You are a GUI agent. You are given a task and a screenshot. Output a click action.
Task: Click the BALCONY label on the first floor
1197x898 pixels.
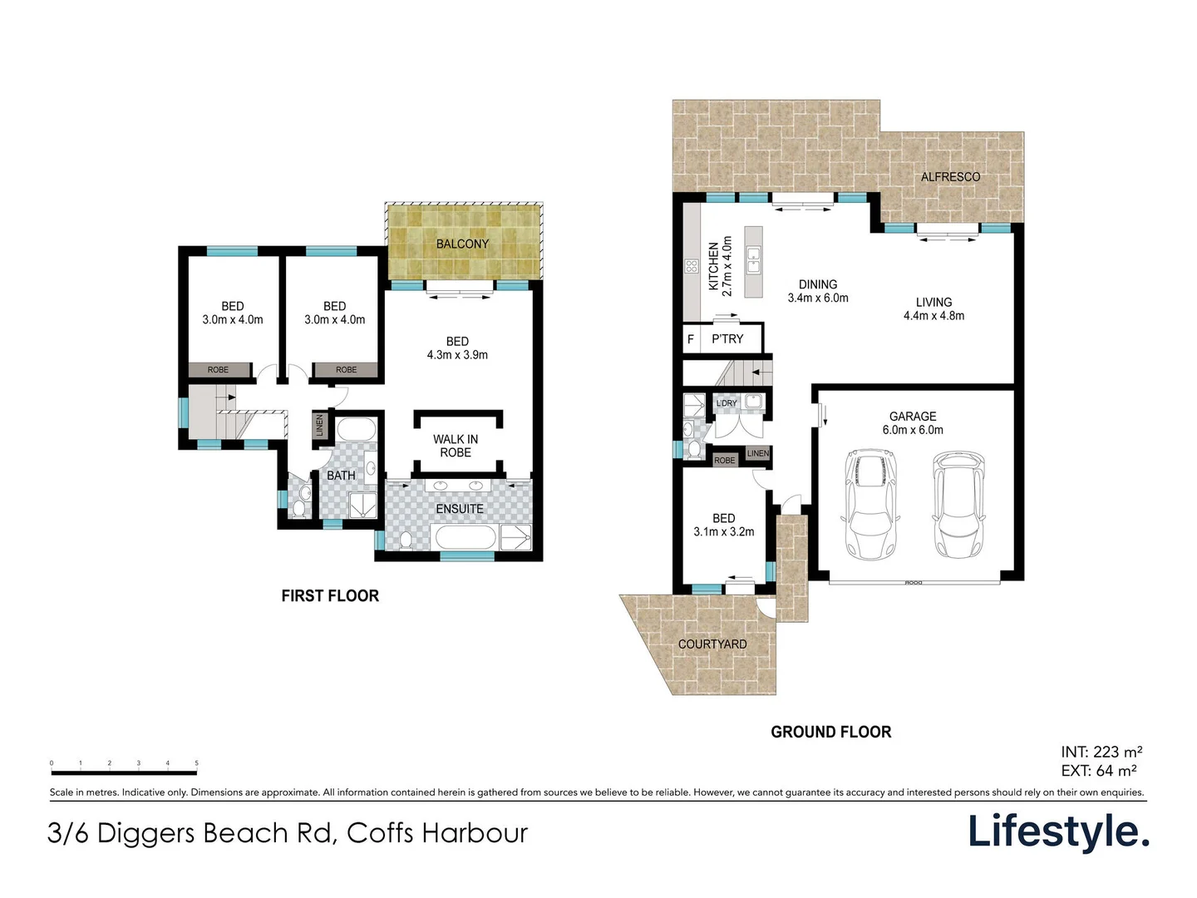click(462, 244)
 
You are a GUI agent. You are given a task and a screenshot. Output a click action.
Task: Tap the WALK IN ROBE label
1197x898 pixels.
click(456, 446)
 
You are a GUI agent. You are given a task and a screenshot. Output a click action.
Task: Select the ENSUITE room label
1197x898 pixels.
click(460, 509)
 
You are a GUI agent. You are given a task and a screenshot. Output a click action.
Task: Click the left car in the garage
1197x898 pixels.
click(871, 504)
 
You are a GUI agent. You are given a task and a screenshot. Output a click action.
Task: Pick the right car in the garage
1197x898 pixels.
click(958, 504)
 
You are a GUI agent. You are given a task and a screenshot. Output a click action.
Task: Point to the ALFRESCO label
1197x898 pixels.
click(950, 177)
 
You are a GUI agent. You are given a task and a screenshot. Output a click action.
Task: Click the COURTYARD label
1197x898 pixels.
click(712, 644)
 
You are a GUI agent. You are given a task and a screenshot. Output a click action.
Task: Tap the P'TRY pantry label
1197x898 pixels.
click(727, 339)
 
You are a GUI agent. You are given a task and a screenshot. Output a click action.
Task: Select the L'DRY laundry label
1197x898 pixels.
click(727, 403)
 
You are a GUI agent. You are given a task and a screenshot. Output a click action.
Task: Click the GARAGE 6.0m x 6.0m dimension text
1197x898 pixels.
click(913, 430)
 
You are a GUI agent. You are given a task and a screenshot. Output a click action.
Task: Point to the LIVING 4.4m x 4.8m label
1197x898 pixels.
click(933, 309)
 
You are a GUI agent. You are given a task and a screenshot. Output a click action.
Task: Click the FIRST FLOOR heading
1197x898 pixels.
click(330, 596)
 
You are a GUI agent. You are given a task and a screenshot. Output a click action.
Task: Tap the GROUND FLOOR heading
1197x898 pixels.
click(830, 733)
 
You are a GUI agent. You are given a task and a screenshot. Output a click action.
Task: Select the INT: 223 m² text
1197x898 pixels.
click(1101, 752)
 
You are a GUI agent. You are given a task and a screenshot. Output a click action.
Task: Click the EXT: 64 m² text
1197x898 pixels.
click(1099, 771)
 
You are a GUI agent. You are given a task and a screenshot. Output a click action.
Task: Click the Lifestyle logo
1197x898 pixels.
click(1058, 831)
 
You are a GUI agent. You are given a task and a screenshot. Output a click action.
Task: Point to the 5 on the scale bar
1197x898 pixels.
click(197, 762)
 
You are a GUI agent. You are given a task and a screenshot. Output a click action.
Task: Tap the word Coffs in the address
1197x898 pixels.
click(380, 833)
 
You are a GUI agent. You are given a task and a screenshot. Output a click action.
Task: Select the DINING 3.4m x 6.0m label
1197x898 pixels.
click(818, 291)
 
